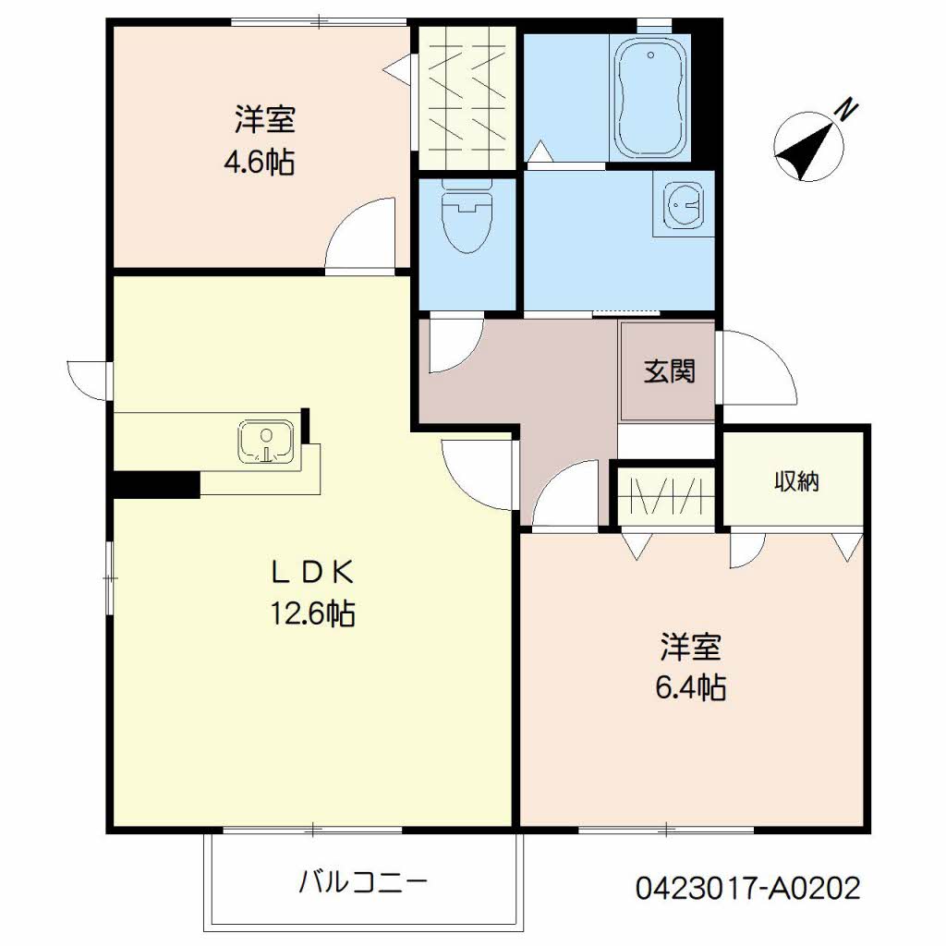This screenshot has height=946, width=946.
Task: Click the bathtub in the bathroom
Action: coord(650,96)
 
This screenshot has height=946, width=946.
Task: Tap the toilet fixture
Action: coord(467,216)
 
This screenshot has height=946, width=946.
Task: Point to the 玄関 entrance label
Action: coord(669,371)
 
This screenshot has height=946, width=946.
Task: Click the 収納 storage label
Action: coord(796,481)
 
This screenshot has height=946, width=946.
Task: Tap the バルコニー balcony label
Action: coord(363,882)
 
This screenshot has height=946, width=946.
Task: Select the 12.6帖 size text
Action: coord(312,613)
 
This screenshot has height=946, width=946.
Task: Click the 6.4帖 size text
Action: coord(690,687)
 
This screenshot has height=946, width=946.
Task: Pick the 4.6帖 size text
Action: coord(260,162)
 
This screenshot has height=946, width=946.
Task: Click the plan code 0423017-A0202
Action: coord(748,888)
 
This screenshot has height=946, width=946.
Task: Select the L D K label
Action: coord(312,573)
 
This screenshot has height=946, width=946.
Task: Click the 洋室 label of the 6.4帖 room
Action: coord(690,646)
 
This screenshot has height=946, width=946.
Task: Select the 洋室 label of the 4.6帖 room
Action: coord(265,119)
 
